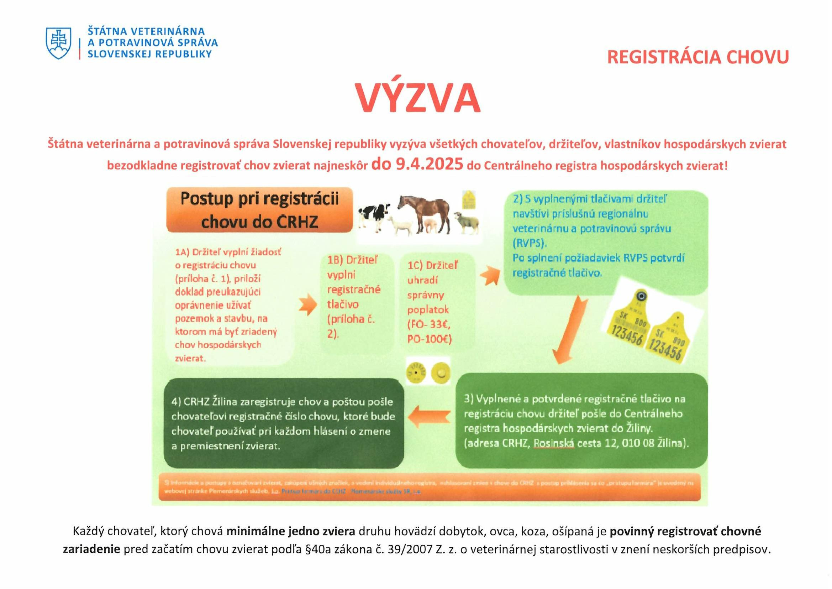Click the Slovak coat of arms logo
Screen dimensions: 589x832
point(58,43)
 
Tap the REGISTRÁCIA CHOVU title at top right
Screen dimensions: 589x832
point(697,57)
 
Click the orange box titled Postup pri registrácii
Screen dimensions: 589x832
point(259,210)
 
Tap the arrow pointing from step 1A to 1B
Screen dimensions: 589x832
point(308,305)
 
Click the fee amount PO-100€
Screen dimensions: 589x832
point(430,339)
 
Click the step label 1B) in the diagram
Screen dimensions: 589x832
point(335,260)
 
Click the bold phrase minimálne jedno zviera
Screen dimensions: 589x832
point(291,531)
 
